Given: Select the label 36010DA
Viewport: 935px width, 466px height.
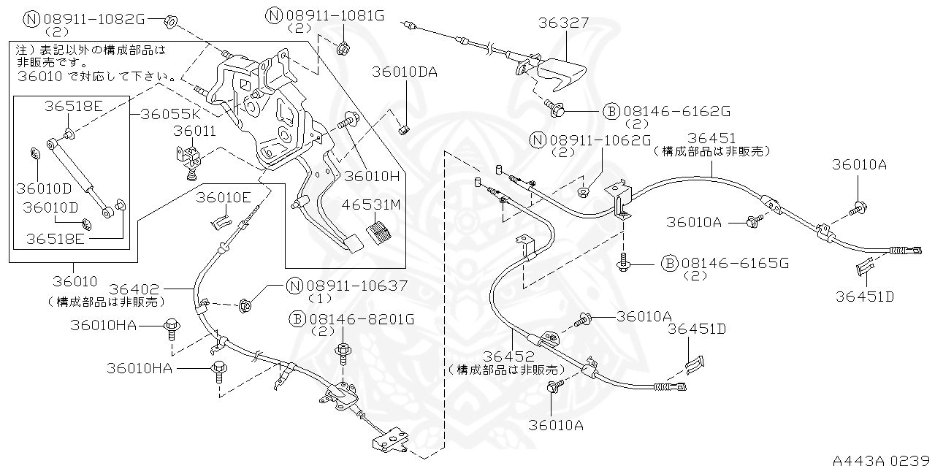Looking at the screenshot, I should pos(405,72).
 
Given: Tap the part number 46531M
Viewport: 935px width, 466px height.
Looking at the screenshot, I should pos(375,205).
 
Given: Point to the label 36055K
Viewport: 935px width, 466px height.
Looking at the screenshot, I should pos(170,114).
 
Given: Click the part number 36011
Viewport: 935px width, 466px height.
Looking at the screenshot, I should pos(194,131).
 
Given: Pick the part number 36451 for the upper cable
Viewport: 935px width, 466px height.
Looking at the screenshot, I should pos(711,139).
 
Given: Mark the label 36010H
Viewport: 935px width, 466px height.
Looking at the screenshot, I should pos(373,176).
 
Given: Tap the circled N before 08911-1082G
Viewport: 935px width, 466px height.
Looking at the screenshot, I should pos(32,19).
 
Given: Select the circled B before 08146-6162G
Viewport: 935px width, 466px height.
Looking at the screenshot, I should pos(611,111).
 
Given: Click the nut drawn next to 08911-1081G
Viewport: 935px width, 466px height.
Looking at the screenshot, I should pos(342,49).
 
